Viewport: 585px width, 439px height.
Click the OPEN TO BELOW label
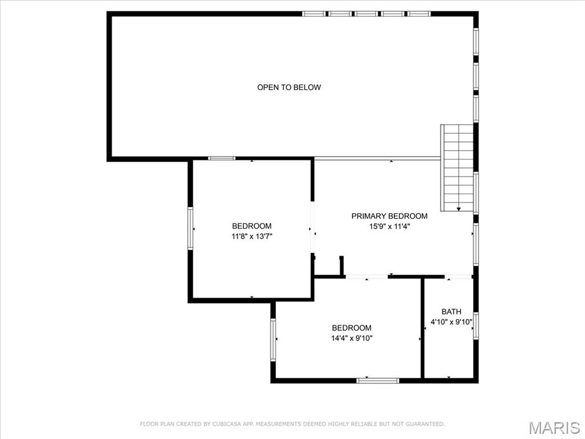pyautogui.click(x=289, y=87)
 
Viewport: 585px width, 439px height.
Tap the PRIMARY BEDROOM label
pyautogui.click(x=389, y=216)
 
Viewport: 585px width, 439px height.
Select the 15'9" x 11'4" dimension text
pyautogui.click(x=389, y=226)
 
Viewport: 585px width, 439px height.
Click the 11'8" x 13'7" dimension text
pyautogui.click(x=251, y=236)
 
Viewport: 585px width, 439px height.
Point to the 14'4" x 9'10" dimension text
pyautogui.click(x=351, y=338)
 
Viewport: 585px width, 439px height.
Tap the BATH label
pyautogui.click(x=451, y=312)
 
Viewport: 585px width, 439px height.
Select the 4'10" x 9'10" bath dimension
pyautogui.click(x=451, y=322)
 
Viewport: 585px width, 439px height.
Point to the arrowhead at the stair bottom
pyautogui.click(x=458, y=209)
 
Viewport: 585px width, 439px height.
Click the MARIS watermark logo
pyautogui.click(x=554, y=428)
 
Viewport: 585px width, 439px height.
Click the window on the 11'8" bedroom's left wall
pyautogui.click(x=190, y=229)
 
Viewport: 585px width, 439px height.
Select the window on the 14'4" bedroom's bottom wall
pyautogui.click(x=378, y=380)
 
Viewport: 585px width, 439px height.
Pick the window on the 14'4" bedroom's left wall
pyautogui.click(x=273, y=340)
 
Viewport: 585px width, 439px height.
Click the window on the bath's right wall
pyautogui.click(x=475, y=326)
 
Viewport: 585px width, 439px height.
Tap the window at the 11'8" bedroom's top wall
pyautogui.click(x=222, y=158)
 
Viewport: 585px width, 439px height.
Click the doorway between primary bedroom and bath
pyautogui.click(x=458, y=277)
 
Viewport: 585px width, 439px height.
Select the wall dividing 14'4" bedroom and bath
pyautogui.click(x=423, y=329)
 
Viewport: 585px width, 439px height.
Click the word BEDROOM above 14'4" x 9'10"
pyautogui.click(x=351, y=328)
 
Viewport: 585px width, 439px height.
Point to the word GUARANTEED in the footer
pyautogui.click(x=423, y=424)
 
